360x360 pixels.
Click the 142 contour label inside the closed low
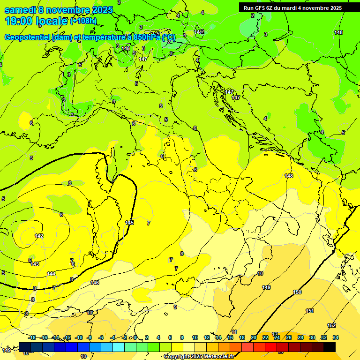39,236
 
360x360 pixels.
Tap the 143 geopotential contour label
35,264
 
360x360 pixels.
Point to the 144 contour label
51,274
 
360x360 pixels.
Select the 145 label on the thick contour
130,223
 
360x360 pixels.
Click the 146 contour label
95,283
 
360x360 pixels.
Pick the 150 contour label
297,292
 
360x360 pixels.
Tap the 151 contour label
310,311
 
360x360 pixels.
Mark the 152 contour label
331,325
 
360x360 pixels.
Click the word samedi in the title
19,10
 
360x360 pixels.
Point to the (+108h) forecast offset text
83,21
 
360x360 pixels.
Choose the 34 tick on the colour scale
336,337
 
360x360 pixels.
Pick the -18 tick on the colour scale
32,337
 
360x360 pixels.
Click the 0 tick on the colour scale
135,337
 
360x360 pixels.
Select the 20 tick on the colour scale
254,337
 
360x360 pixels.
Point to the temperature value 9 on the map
175,307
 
